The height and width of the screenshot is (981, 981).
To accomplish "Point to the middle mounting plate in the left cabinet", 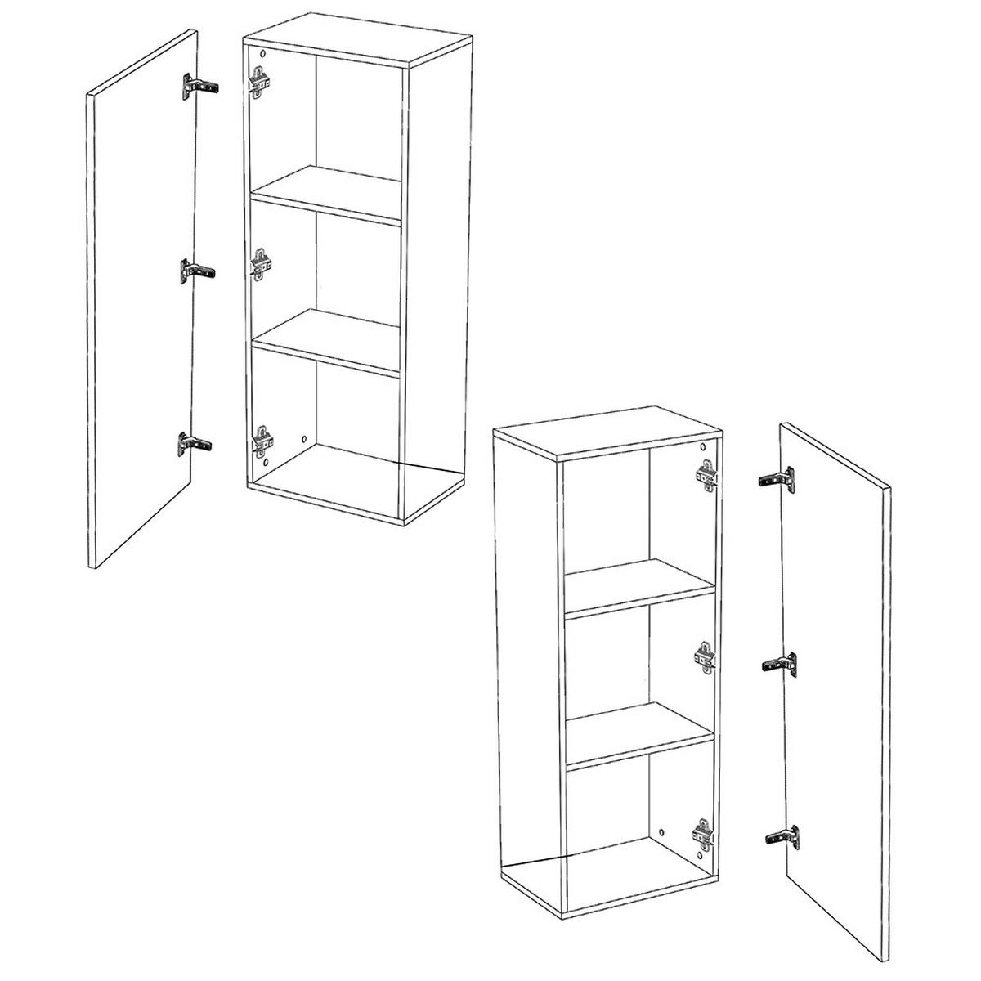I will (262, 264).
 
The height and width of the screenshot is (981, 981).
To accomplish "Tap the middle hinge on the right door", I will (779, 662).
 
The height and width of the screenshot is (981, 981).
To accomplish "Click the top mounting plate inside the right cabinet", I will (706, 474).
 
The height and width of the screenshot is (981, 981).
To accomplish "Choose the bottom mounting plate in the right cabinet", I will (704, 835).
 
